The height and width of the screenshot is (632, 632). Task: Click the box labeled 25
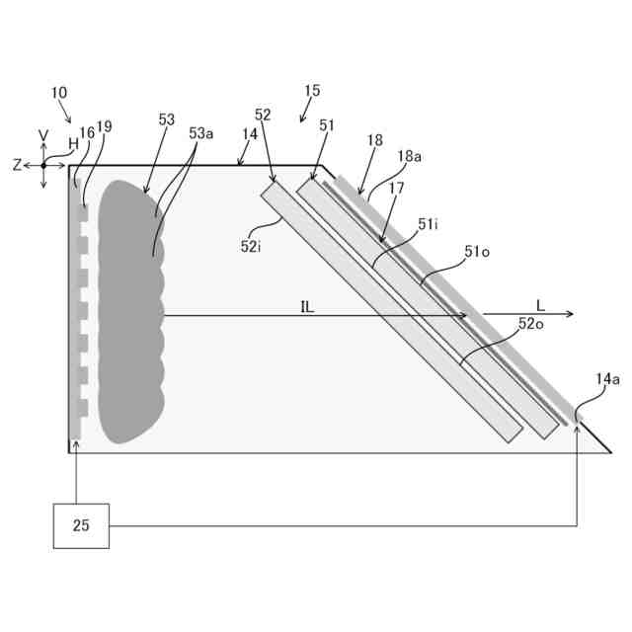81,525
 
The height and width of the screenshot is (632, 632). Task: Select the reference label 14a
608,378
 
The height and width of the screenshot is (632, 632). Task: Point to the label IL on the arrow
307,306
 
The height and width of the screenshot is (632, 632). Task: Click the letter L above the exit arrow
540,304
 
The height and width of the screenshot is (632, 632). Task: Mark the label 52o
530,324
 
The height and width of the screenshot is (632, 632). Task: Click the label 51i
428,225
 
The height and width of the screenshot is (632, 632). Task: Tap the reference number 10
59,93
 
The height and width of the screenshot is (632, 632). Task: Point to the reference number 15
312,91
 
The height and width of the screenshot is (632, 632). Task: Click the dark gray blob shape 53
128,316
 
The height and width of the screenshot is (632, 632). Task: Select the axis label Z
17,166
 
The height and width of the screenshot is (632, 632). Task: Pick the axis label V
43,135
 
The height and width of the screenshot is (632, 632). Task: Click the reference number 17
396,188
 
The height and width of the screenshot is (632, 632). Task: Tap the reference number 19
105,126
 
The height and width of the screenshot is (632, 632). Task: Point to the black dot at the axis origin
43,165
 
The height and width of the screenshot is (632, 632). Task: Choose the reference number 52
263,116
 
